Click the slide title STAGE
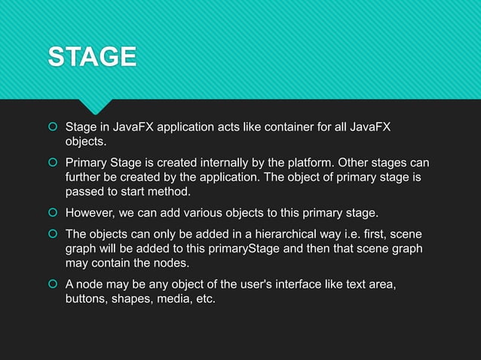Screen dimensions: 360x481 [x=92, y=56]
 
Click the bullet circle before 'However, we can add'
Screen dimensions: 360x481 [x=53, y=212]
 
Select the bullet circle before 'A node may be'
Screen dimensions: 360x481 [x=53, y=285]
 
